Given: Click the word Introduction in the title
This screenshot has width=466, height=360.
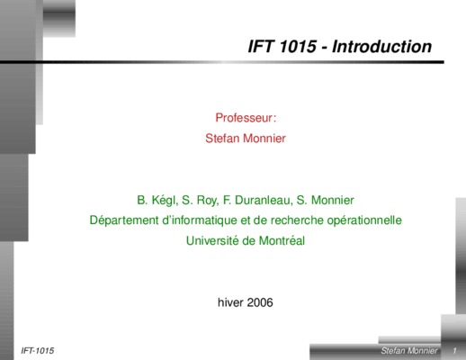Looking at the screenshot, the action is pos(381,47).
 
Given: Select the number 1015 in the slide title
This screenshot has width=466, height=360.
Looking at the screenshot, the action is pos(298,47).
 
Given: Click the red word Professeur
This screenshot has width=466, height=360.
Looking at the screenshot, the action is pos(244,118).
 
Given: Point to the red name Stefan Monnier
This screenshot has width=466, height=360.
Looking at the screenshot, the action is pos(246,139).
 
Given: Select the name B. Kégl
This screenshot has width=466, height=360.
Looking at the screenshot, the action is pos(157,201).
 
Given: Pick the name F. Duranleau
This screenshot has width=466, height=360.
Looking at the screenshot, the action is pos(257,200).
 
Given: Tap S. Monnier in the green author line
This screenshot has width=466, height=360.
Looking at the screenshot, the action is pos(325,200).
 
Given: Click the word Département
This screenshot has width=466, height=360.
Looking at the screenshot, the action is pos(124,220).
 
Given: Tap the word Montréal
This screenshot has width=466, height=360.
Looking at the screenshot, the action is pos(282,240).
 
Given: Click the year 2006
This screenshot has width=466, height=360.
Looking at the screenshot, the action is pos(260,302).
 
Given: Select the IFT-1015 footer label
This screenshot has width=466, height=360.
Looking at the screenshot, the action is pos(38,350).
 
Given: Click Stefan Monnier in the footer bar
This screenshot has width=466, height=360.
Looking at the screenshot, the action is pos(409,350).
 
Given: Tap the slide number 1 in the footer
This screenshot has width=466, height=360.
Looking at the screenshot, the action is pos(454,350).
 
